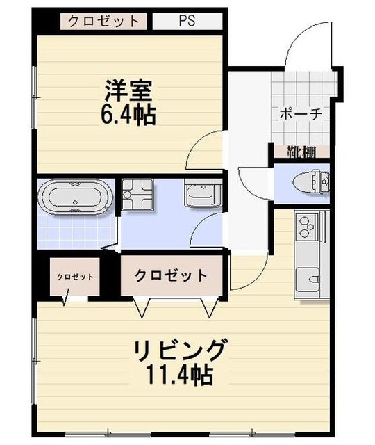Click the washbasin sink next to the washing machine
[203, 191]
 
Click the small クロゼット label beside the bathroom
[74, 276]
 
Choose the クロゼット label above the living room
[171, 275]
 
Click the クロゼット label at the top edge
[104, 20]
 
